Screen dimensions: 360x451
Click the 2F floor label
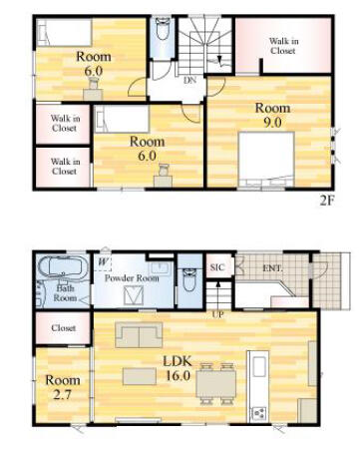(x=326, y=201)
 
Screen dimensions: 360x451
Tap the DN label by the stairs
(x=189, y=80)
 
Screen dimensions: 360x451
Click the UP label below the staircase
(x=218, y=313)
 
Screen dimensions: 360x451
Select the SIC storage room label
(x=217, y=267)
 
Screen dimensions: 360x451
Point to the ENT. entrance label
(x=272, y=268)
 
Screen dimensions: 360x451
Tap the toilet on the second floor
(x=163, y=29)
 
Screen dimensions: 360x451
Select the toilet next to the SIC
(x=189, y=279)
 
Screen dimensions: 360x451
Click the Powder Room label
(x=132, y=278)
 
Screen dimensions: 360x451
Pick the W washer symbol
(x=103, y=261)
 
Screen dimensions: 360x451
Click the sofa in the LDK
(x=139, y=334)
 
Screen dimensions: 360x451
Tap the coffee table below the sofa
(x=140, y=376)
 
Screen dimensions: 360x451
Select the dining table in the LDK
(x=216, y=384)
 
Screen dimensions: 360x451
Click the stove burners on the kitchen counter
(x=259, y=413)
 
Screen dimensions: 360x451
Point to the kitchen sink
(x=259, y=366)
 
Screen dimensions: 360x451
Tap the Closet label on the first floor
(x=63, y=328)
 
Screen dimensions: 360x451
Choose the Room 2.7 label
(x=63, y=387)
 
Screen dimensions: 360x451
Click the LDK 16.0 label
(x=178, y=368)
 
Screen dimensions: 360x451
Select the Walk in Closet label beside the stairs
(x=283, y=46)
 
